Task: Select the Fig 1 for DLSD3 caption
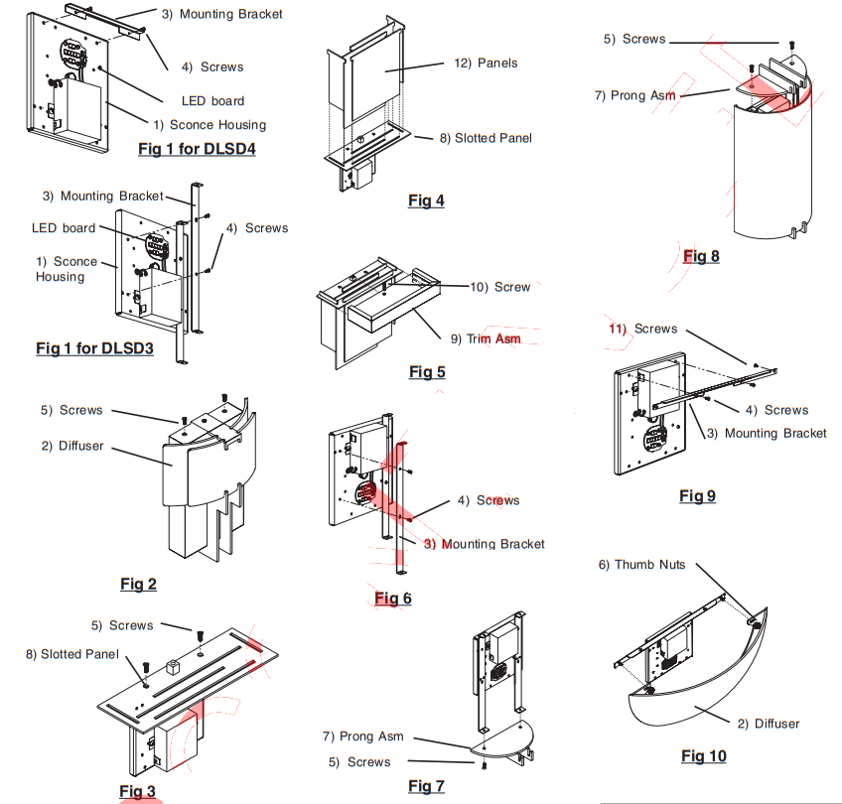pos(94,348)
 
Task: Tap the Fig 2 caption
pos(138,584)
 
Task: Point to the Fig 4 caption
pos(426,201)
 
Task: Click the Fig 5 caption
pos(427,372)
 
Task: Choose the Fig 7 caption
pos(426,786)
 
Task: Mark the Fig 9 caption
pos(697,496)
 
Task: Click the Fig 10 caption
pos(703,756)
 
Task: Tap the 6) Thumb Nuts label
pos(641,565)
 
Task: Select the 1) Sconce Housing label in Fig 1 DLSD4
pos(210,125)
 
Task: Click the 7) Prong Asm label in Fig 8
pos(634,95)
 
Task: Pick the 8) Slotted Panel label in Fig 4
pos(486,138)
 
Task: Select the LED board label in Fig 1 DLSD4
pos(212,100)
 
